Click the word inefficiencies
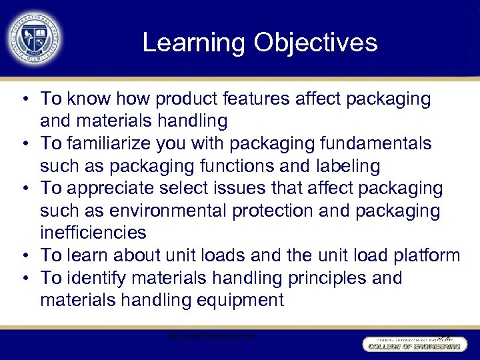[93, 233]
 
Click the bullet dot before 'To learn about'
[24, 255]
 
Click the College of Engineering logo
[413, 343]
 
